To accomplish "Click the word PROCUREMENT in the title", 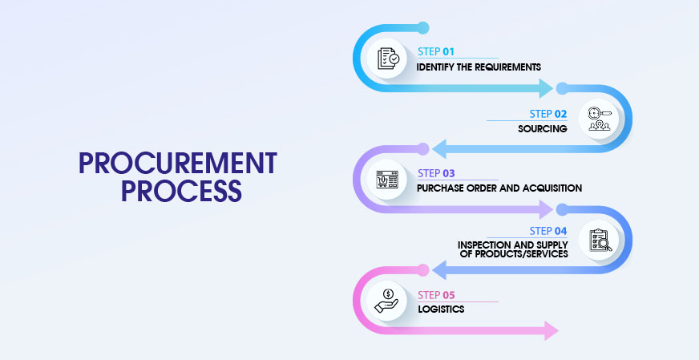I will tap(177, 164).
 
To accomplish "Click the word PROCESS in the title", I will tap(177, 191).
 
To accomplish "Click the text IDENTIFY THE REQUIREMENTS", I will tap(479, 67).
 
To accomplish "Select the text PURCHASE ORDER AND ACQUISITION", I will tap(499, 188).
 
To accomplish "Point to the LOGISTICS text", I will tap(441, 309).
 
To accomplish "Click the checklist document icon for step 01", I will tap(388, 58).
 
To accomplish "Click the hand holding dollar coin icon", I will tap(388, 301).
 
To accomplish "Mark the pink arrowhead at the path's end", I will tap(550, 330).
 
